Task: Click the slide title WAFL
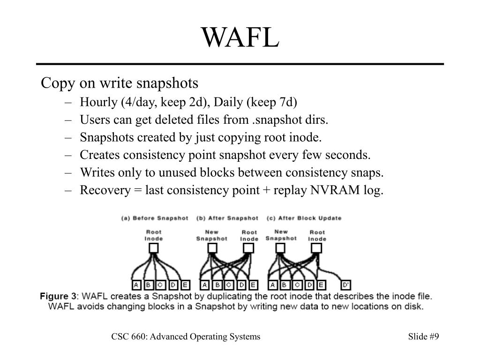click(240, 38)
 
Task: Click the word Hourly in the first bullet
click(95, 102)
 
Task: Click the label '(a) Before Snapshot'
click(155, 218)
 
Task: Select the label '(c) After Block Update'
click(304, 218)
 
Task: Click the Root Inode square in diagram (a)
click(153, 248)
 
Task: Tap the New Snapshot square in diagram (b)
click(212, 248)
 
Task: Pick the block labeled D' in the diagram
click(346, 285)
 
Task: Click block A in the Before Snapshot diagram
click(136, 285)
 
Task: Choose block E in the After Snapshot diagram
click(253, 285)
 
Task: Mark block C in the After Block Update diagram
click(297, 285)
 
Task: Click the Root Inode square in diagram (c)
click(317, 248)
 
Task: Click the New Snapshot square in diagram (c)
click(281, 248)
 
